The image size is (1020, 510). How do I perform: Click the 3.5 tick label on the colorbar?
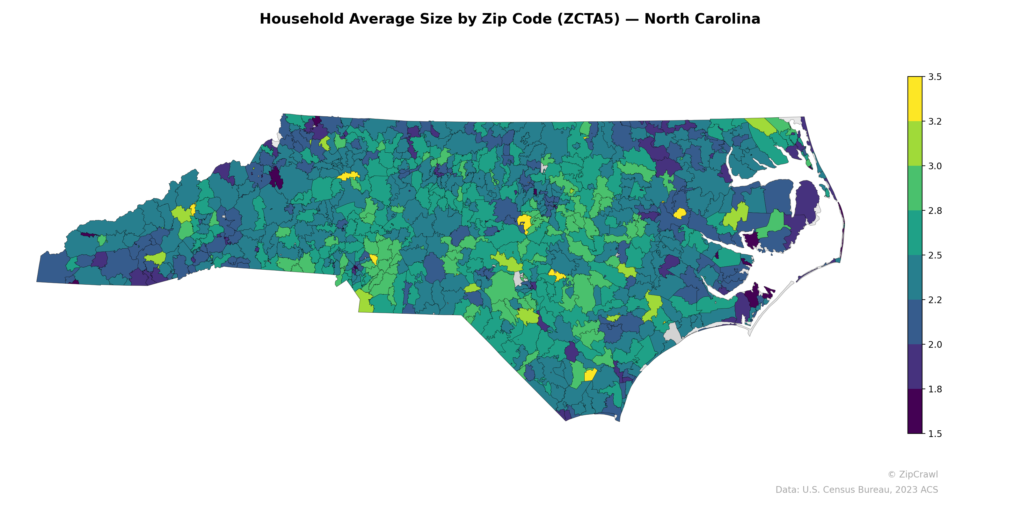pyautogui.click(x=935, y=77)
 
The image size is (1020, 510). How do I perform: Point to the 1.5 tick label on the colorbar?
pyautogui.click(x=935, y=434)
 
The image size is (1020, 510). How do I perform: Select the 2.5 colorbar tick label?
pyautogui.click(x=935, y=255)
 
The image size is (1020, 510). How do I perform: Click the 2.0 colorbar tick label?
pyautogui.click(x=935, y=345)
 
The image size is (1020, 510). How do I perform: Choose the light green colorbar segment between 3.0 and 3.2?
pyautogui.click(x=915, y=143)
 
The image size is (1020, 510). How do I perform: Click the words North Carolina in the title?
pyautogui.click(x=702, y=19)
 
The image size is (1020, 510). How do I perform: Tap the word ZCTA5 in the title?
pyautogui.click(x=588, y=19)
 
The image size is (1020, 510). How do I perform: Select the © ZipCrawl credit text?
pyautogui.click(x=912, y=474)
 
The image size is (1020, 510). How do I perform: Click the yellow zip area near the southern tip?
pyautogui.click(x=590, y=375)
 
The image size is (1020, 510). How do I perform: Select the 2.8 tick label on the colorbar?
pyautogui.click(x=935, y=211)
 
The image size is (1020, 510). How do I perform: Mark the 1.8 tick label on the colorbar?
pyautogui.click(x=935, y=389)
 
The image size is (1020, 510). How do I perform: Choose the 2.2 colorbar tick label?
pyautogui.click(x=935, y=300)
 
